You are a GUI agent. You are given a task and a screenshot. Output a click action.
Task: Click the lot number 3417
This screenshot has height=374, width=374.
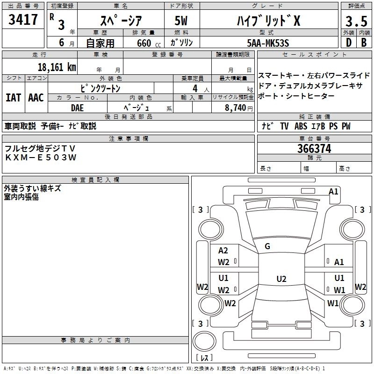click(x=23, y=20)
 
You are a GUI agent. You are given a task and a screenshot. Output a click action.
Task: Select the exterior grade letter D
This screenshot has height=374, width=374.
click(x=348, y=43)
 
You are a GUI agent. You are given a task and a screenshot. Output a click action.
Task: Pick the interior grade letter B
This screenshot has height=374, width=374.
click(x=364, y=43)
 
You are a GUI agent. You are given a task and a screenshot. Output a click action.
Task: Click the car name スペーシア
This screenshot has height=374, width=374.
click(x=119, y=20)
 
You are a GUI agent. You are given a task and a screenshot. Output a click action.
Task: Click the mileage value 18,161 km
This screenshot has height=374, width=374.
click(x=57, y=67)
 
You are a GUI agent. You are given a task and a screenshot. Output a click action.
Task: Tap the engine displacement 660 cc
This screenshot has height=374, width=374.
click(x=143, y=43)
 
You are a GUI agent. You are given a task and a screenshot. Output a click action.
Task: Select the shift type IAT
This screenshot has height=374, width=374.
click(x=13, y=97)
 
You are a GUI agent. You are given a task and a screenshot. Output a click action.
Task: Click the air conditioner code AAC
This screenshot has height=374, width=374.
click(x=36, y=97)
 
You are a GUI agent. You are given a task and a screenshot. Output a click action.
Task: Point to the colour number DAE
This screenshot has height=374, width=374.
click(x=78, y=107)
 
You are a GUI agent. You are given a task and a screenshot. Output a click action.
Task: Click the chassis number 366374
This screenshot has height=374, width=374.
click(x=314, y=149)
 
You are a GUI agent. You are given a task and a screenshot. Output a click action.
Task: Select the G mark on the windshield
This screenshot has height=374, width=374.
click(x=267, y=246)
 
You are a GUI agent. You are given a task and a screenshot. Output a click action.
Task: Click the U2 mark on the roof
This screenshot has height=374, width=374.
click(x=281, y=279)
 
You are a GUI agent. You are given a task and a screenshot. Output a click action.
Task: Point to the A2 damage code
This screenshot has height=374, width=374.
click(x=223, y=251)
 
